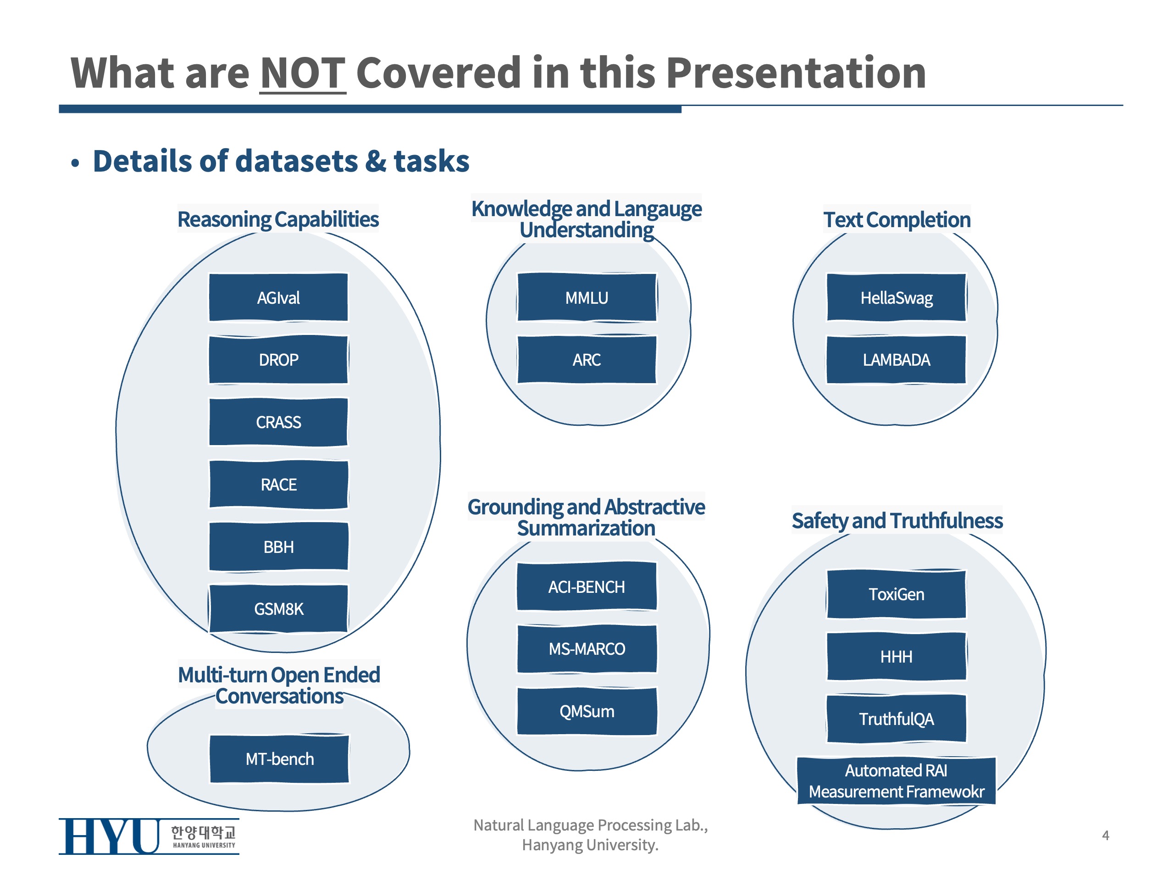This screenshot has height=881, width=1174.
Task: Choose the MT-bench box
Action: click(279, 759)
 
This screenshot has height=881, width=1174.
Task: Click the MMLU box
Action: click(587, 297)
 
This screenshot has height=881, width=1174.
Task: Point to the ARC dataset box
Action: click(587, 360)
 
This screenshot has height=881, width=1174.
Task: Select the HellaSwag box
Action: click(896, 297)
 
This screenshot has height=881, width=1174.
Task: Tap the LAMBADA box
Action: click(896, 360)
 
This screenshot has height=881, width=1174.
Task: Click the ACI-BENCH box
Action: click(587, 587)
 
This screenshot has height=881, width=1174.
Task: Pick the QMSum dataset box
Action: click(587, 711)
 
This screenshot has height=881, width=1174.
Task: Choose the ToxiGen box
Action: click(896, 594)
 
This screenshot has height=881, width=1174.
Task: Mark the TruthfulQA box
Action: click(896, 719)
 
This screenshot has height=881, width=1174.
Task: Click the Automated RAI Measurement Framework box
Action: click(896, 781)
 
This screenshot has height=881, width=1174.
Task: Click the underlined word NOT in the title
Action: click(303, 73)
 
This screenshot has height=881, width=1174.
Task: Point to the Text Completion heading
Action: click(897, 219)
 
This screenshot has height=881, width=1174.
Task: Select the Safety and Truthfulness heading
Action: click(897, 520)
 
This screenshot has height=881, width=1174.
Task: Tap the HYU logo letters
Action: click(109, 836)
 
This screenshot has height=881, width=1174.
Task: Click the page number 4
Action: click(1106, 835)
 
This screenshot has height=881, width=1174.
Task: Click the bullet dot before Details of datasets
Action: click(75, 163)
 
